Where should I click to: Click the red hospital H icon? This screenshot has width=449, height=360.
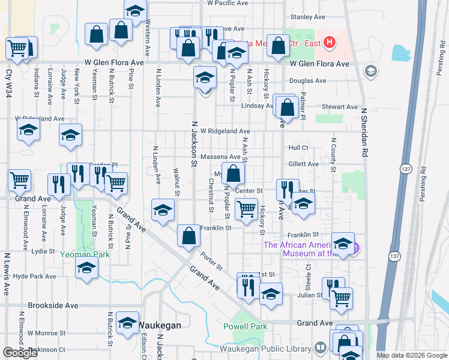tap(328, 42)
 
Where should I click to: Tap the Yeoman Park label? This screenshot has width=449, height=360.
tap(85, 254)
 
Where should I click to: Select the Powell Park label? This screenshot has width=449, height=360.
tap(245, 326)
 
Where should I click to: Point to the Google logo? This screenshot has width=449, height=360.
tap(20, 352)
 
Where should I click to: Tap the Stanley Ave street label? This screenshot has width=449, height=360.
tap(307, 17)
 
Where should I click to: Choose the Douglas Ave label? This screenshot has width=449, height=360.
tap(307, 80)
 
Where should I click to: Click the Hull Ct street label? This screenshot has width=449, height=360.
tap(298, 147)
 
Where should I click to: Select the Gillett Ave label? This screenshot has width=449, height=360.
tap(303, 164)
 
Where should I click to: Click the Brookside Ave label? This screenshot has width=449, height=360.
tap(53, 305)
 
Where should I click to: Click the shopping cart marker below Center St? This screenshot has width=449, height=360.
tap(246, 209)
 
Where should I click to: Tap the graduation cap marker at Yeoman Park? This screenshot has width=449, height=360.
tap(86, 269)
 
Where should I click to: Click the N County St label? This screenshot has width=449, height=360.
tap(333, 155)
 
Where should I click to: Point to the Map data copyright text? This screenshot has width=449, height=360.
tap(411, 355)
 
